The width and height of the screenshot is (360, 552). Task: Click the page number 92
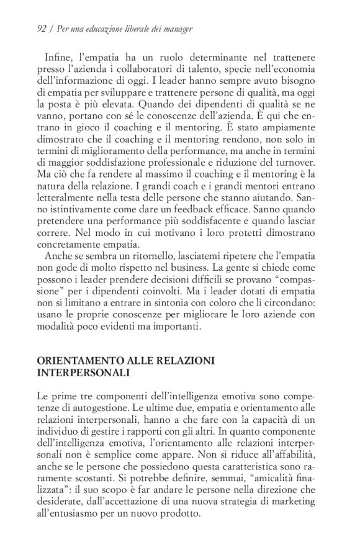[43, 29]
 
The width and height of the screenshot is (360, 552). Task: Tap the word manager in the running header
[178, 29]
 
